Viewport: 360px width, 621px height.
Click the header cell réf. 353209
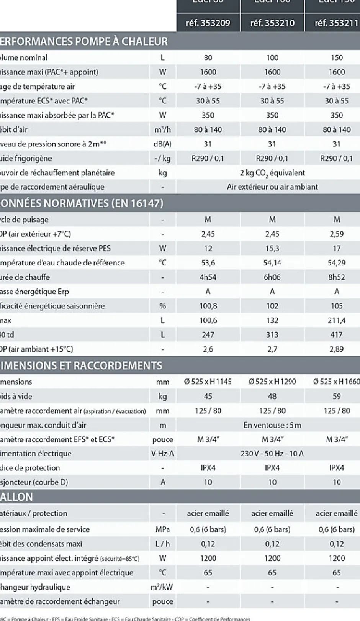tap(208, 23)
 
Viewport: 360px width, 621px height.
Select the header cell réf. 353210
tap(272, 23)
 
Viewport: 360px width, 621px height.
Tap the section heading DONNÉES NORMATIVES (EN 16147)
tap(82, 203)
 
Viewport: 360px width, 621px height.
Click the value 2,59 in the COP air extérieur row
tap(337, 234)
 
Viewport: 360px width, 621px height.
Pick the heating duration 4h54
tap(208, 277)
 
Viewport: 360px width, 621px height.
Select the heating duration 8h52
tap(337, 277)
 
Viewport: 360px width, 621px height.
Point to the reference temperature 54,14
tap(272, 263)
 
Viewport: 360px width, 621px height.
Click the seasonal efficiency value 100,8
tap(208, 306)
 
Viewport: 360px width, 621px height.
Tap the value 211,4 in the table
tap(337, 320)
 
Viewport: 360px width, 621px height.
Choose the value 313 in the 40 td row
tap(272, 334)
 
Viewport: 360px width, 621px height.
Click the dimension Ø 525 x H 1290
tap(272, 382)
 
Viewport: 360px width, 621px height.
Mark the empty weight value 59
tap(337, 396)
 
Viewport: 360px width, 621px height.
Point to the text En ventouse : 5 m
tap(272, 425)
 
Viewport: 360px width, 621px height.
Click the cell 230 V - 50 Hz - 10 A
tap(272, 454)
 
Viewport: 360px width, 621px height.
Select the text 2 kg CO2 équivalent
tap(272, 173)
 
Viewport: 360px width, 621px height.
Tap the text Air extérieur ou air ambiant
tap(272, 187)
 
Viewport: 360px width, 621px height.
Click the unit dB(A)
tap(162, 144)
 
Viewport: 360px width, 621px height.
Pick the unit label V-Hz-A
tap(162, 454)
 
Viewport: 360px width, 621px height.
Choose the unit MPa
tap(162, 529)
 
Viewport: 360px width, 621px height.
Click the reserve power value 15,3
tap(272, 248)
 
